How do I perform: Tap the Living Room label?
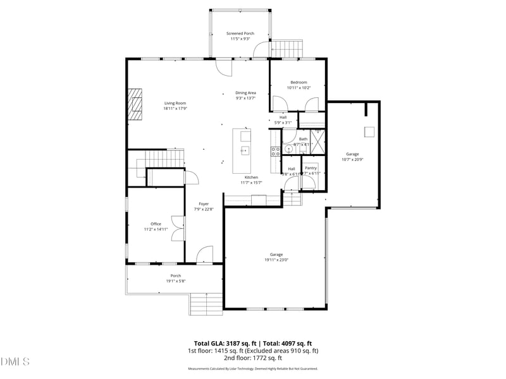(x=175, y=103)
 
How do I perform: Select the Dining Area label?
(x=245, y=93)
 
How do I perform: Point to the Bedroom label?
(x=299, y=82)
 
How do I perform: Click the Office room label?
(x=156, y=224)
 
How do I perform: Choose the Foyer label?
(x=204, y=203)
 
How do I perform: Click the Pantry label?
(x=311, y=167)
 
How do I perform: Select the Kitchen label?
(x=251, y=177)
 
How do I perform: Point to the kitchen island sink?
(x=244, y=150)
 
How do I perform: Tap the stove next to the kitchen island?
(x=276, y=151)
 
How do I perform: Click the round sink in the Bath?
(x=288, y=150)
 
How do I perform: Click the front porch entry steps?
(x=206, y=304)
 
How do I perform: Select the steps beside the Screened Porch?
(x=288, y=48)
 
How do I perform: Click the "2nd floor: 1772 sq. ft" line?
(x=252, y=358)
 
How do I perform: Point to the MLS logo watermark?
(x=15, y=361)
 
